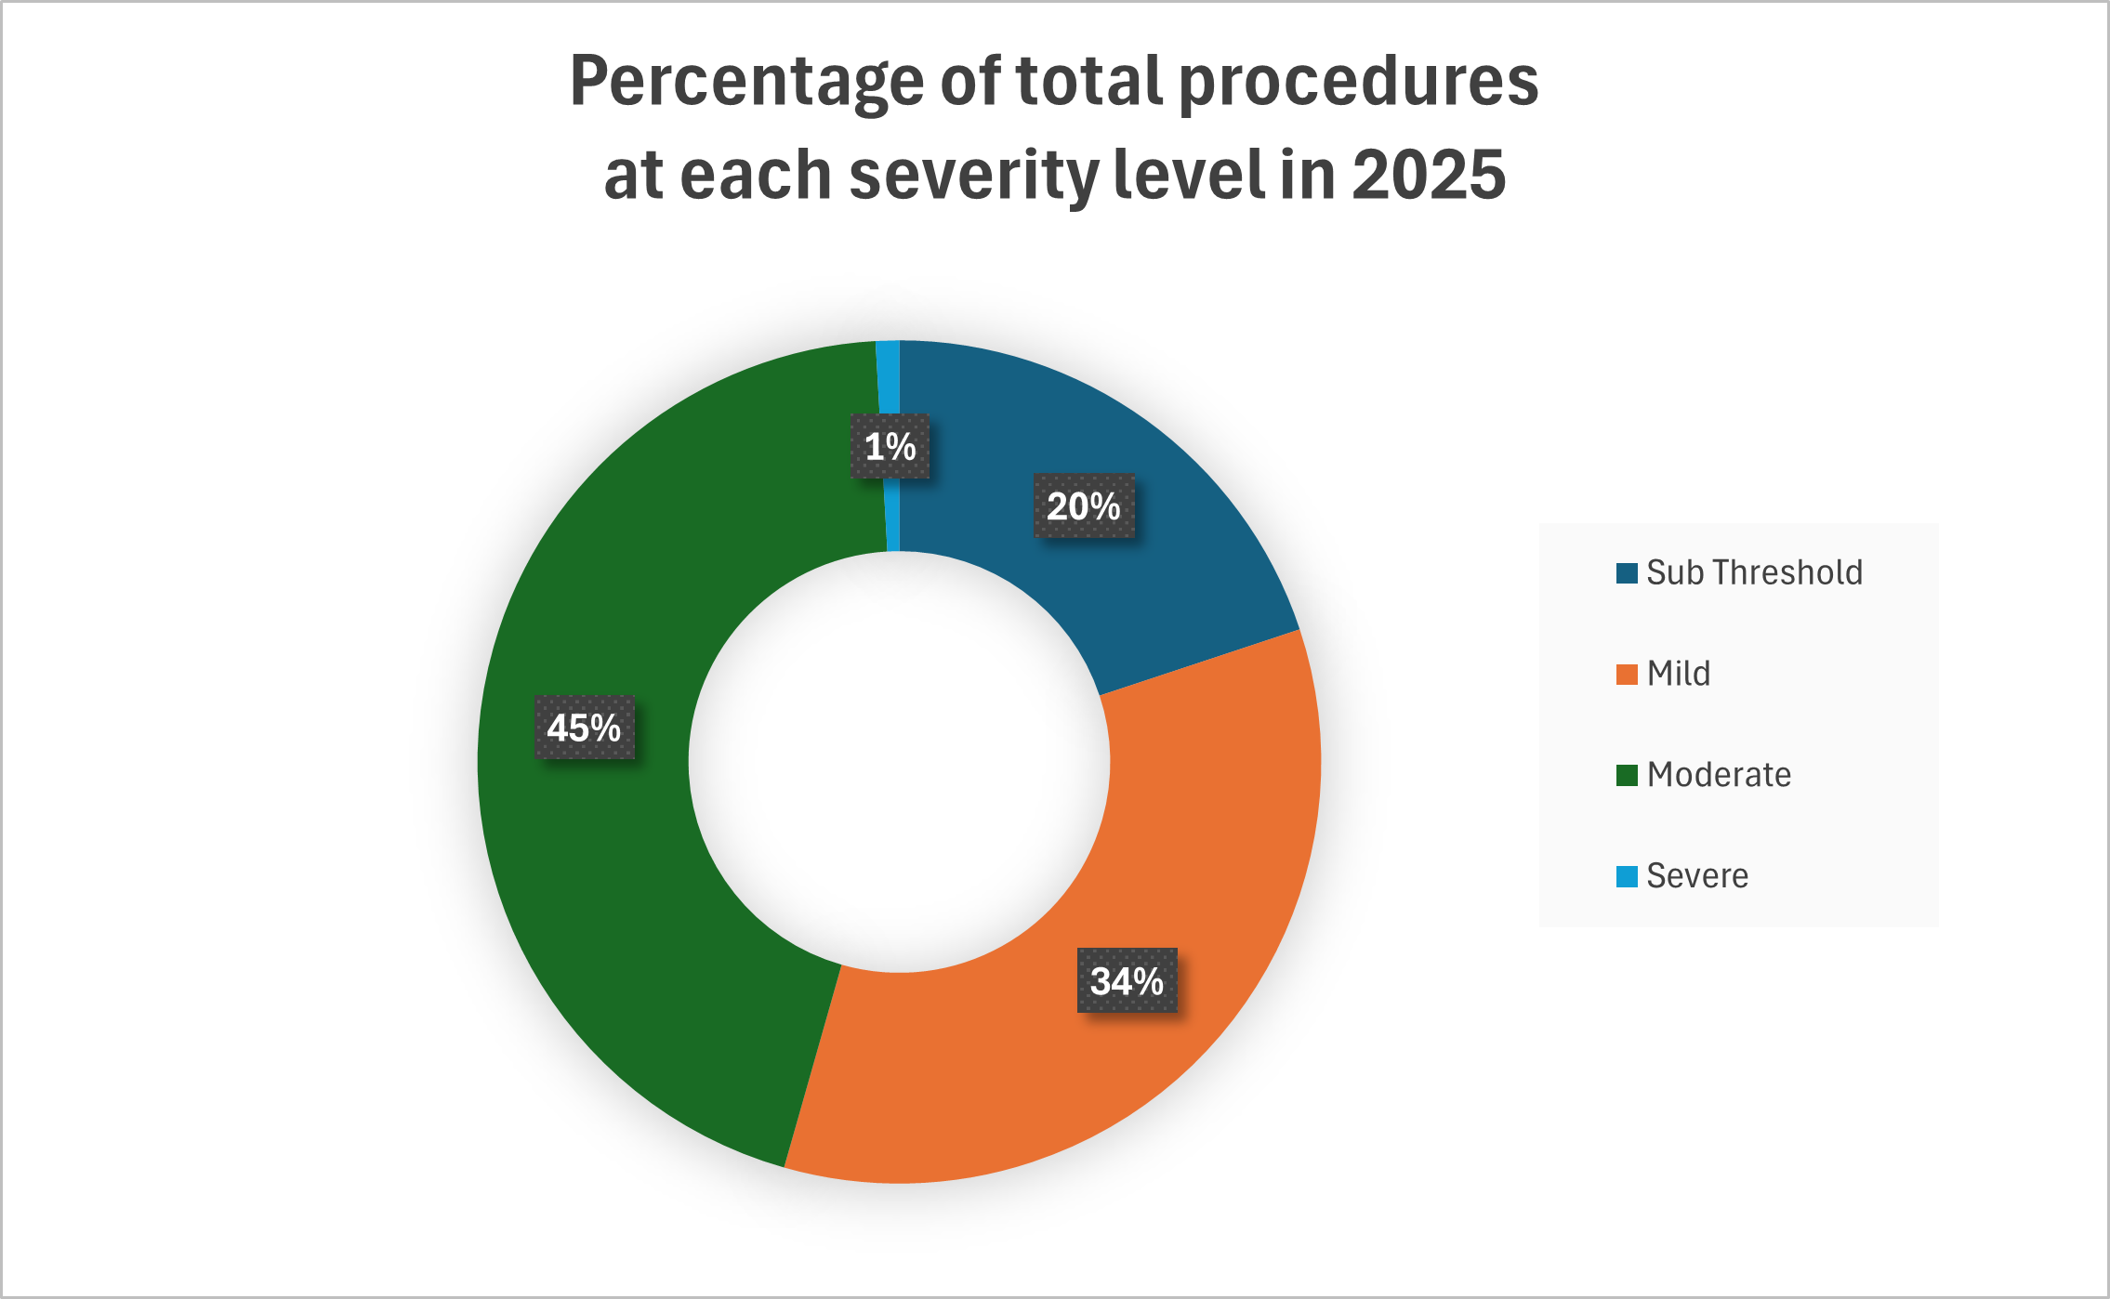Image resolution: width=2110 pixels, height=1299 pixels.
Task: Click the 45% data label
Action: (584, 728)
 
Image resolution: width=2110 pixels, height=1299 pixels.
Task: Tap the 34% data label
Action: (1127, 980)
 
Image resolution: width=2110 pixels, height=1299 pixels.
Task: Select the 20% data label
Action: (1084, 506)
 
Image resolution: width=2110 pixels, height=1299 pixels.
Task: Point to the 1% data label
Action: (890, 447)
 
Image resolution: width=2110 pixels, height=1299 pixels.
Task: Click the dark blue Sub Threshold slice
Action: (1143, 576)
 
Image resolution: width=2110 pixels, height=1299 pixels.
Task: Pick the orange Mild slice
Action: (1162, 836)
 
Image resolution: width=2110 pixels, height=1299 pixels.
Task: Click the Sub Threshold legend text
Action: (1754, 572)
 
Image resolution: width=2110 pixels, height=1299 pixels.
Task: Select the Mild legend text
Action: (1679, 674)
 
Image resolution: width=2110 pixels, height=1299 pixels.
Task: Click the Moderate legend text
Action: (1719, 775)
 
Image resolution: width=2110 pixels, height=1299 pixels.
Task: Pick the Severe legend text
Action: (1697, 876)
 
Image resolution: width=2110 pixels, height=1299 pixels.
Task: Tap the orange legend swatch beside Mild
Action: (1627, 675)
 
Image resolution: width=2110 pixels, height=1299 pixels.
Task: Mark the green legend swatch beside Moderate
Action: (1627, 775)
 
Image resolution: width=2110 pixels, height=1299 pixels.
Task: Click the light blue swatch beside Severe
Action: (1627, 876)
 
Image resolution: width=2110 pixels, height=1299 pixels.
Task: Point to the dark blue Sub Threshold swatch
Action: (1627, 573)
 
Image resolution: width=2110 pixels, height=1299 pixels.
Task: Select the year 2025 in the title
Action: (1428, 175)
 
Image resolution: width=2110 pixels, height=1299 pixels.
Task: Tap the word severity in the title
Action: (973, 175)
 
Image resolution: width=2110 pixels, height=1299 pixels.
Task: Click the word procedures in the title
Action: (1358, 82)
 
